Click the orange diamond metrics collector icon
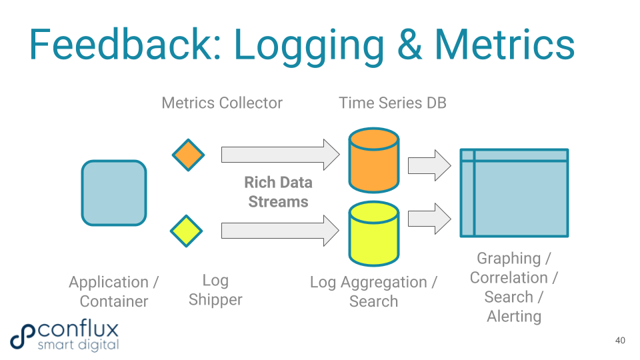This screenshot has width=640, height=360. click(x=188, y=155)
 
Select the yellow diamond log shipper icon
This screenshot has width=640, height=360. click(x=186, y=231)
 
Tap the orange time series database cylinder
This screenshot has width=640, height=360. click(x=374, y=160)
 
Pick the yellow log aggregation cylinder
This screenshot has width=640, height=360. click(x=374, y=234)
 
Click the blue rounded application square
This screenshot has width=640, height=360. click(x=113, y=193)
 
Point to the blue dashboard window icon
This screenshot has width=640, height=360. click(x=514, y=193)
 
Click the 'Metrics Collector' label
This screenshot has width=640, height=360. click(x=222, y=103)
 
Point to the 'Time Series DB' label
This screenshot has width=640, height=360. click(x=392, y=103)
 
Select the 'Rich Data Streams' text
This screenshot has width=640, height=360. click(x=278, y=192)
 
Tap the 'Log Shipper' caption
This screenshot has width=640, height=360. click(x=215, y=290)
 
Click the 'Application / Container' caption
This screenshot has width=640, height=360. click(x=113, y=292)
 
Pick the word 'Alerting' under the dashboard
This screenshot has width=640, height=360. click(x=514, y=317)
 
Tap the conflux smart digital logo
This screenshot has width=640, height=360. click(x=65, y=336)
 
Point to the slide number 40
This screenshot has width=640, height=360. click(x=620, y=341)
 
